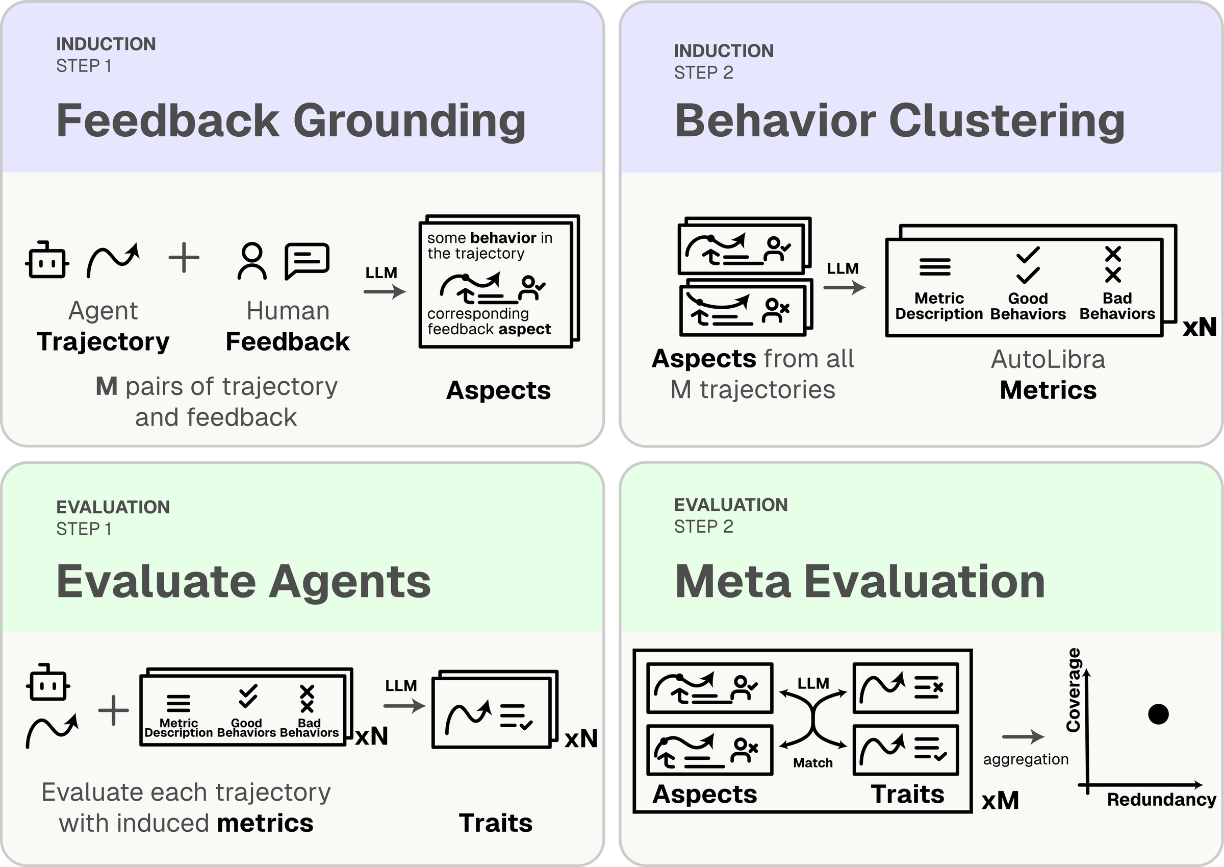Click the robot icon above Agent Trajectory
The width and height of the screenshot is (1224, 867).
47,261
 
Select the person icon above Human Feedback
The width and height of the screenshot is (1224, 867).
252,261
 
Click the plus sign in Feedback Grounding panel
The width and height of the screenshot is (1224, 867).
184,257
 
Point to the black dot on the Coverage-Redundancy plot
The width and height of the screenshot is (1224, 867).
1158,714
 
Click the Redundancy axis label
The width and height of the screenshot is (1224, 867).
1161,799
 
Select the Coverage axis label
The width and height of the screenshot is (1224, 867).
1073,689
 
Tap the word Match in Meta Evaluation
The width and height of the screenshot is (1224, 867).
812,762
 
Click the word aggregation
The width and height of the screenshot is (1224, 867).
1026,759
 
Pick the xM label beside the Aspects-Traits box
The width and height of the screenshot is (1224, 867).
1000,800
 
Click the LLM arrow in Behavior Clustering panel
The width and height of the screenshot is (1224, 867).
844,287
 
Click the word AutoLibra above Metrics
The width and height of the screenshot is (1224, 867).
1048,359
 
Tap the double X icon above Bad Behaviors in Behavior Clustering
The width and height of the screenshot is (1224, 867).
1112,264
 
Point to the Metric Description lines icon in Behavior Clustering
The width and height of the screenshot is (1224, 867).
935,266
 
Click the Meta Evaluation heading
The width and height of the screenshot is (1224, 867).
859,581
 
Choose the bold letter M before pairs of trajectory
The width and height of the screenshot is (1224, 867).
106,386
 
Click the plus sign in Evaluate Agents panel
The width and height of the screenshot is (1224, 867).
114,710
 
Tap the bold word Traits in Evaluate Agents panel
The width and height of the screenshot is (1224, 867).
495,823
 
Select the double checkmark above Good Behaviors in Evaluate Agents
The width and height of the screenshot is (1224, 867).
247,696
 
